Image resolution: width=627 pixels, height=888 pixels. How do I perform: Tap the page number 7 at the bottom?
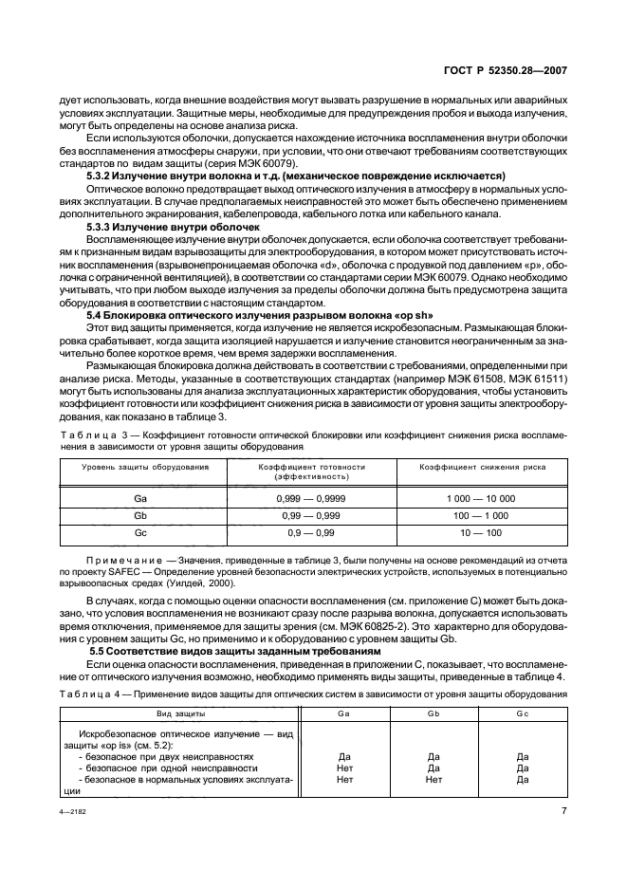[x=563, y=812]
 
